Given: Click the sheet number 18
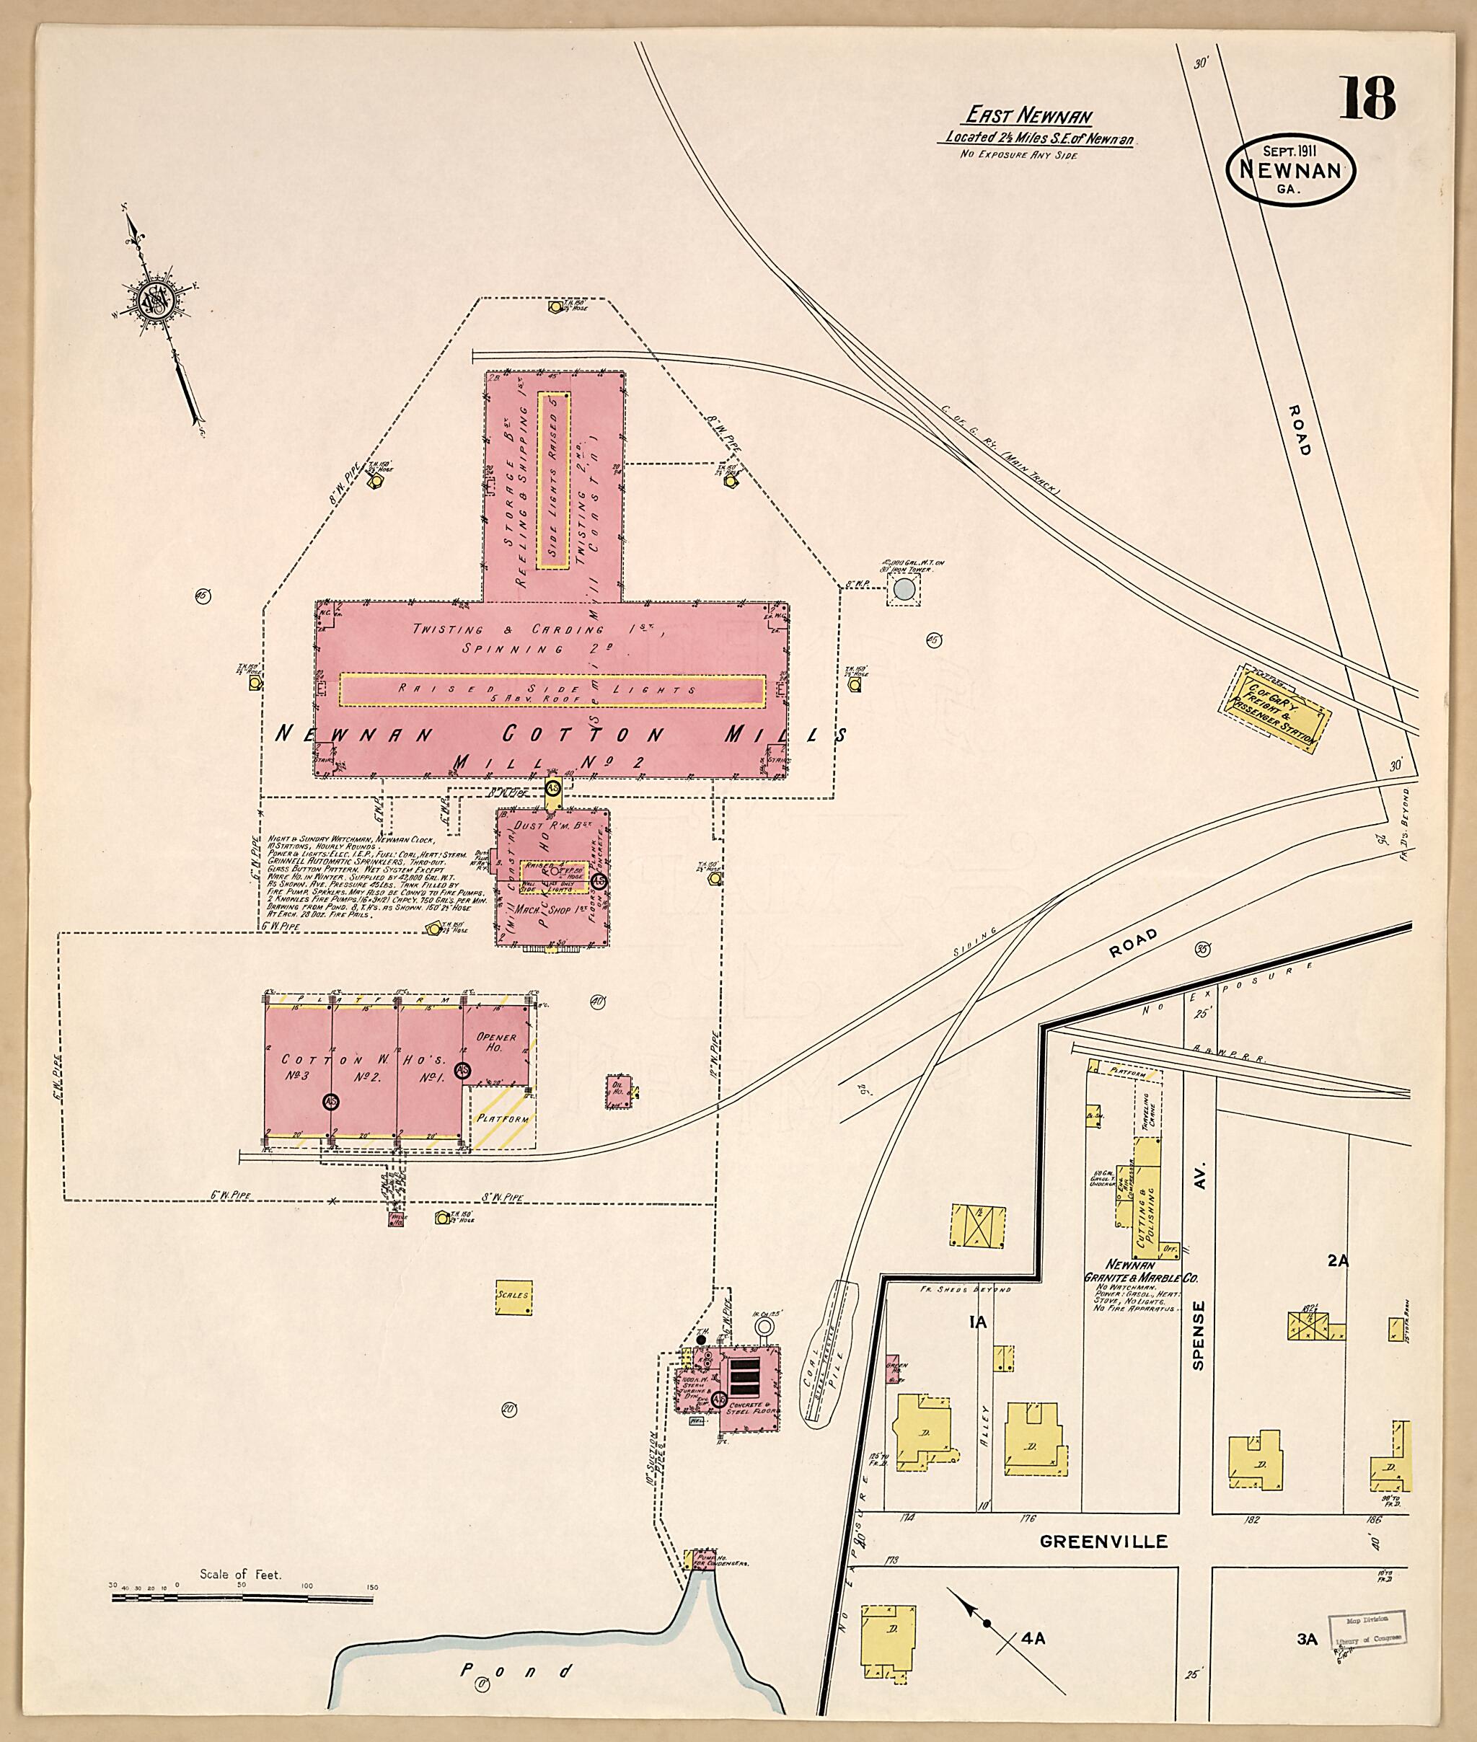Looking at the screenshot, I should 1369,99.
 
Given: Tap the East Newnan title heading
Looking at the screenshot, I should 1029,115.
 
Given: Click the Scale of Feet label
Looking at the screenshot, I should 240,1575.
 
